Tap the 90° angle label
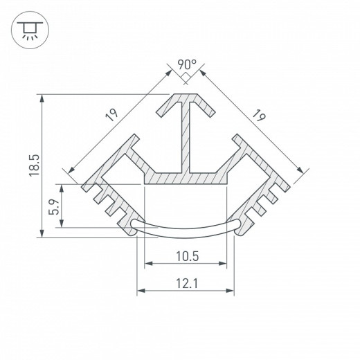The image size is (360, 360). (186, 66)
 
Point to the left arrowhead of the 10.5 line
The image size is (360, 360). (147, 264)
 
